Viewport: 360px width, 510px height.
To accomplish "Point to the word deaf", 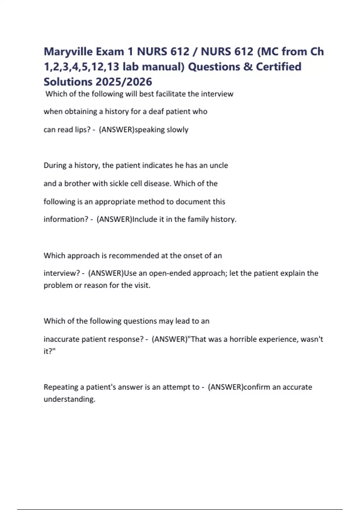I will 156,112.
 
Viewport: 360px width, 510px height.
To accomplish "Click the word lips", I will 83,130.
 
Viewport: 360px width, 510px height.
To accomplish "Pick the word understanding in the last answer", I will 69,399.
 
